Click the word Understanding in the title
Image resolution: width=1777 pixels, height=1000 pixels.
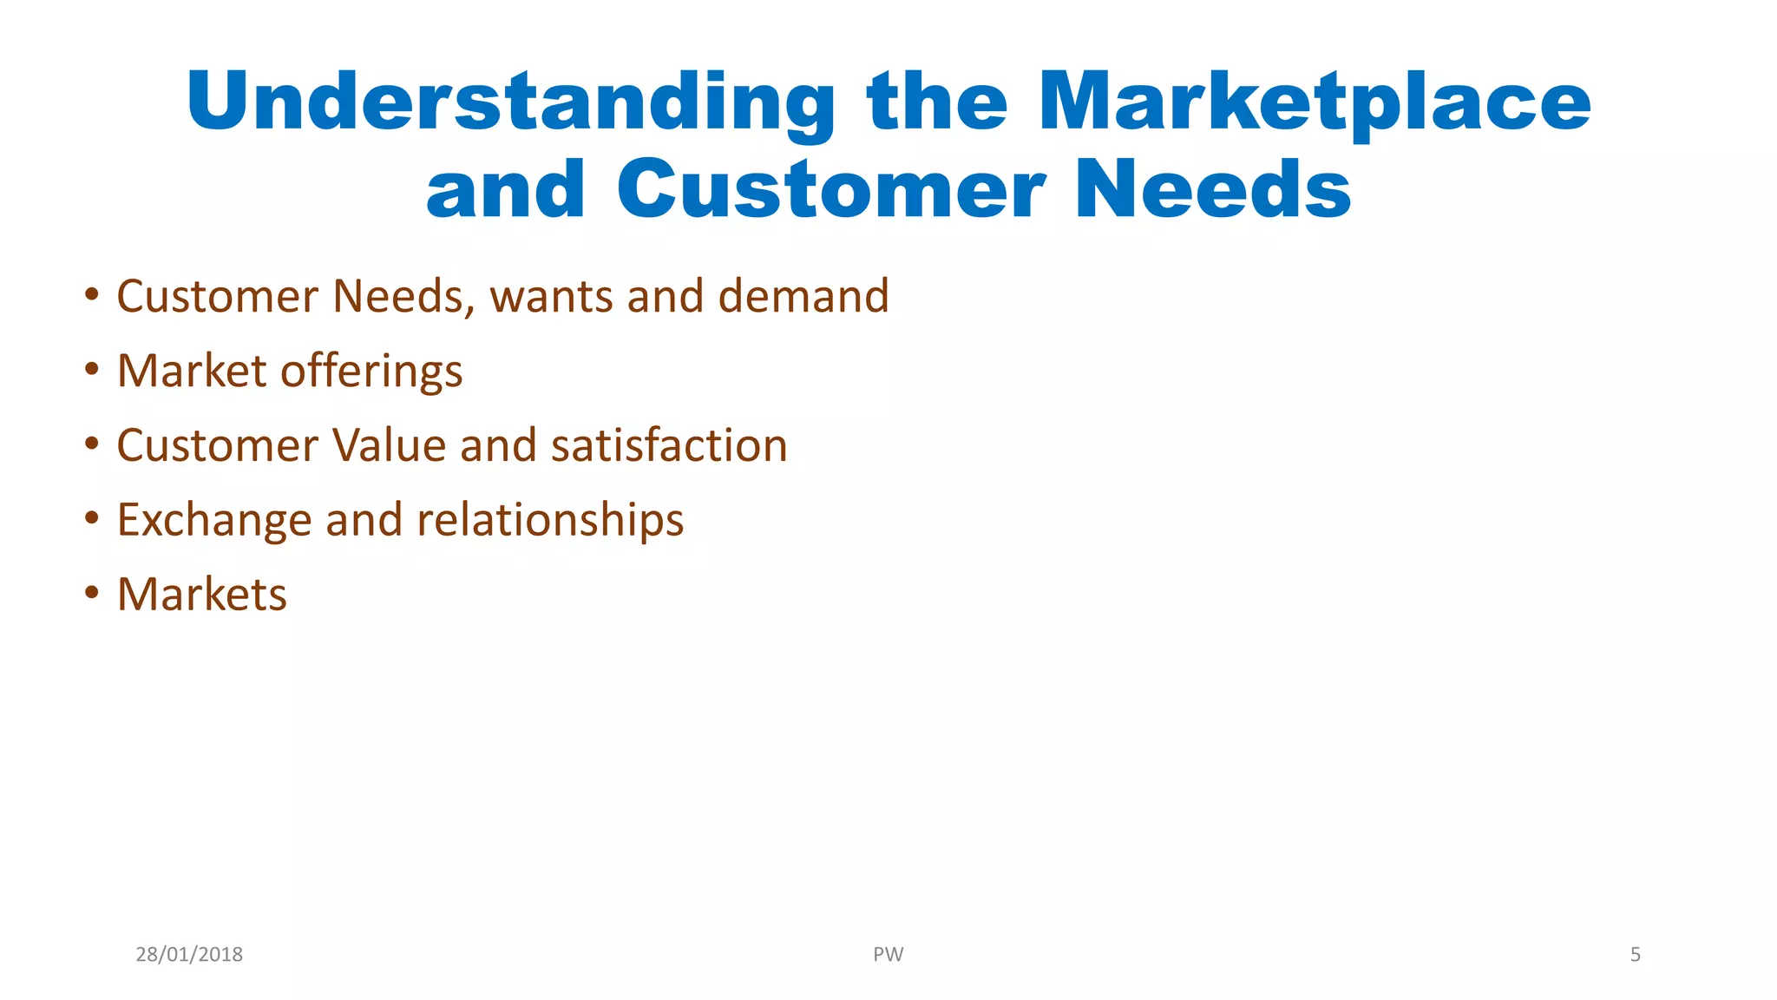(510, 102)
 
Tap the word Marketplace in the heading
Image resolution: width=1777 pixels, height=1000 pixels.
(1314, 102)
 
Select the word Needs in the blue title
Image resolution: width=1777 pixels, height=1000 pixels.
(1212, 190)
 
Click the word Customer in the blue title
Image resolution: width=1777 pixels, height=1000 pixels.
(830, 190)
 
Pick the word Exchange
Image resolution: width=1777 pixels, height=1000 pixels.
(213, 521)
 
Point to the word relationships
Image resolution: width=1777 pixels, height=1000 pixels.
(550, 521)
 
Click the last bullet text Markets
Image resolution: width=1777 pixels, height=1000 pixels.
(201, 595)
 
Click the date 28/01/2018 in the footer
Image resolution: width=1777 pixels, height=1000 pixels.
(189, 955)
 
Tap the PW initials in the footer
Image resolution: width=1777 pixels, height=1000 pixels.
(888, 955)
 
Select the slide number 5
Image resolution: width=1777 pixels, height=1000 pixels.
(1635, 955)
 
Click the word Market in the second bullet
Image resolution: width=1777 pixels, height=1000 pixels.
(191, 372)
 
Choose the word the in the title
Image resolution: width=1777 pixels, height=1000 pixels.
(937, 102)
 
